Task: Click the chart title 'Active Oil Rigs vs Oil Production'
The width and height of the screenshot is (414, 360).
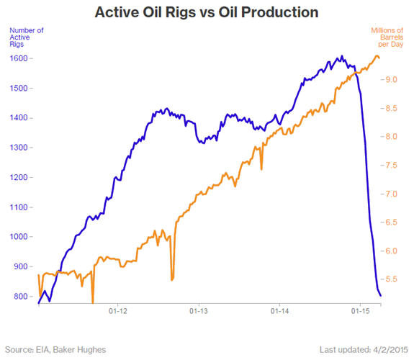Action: click(x=207, y=12)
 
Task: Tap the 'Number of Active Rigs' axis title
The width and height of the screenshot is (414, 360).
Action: click(x=27, y=37)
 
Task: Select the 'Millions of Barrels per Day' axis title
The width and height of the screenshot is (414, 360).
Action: click(x=387, y=37)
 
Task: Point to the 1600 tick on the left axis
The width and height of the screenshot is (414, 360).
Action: click(x=19, y=58)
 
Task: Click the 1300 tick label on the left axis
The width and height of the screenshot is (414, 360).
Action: click(x=19, y=148)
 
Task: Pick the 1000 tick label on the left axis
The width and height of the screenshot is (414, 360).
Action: click(x=19, y=236)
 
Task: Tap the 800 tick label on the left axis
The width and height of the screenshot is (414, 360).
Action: click(x=21, y=297)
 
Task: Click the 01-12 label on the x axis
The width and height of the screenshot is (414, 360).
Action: click(x=118, y=311)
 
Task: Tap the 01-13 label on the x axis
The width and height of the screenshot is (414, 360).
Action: click(x=199, y=311)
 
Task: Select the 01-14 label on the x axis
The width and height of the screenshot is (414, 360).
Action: click(x=279, y=311)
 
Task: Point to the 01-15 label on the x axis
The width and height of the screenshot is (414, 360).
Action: click(x=361, y=311)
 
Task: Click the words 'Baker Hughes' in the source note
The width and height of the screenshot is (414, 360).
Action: click(x=79, y=350)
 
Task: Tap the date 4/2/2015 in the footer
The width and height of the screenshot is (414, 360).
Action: click(x=391, y=350)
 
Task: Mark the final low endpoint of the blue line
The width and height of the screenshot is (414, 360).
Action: click(x=380, y=295)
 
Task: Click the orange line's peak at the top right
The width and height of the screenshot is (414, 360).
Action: click(x=377, y=55)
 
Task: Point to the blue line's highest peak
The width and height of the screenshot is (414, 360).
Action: click(x=342, y=56)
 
